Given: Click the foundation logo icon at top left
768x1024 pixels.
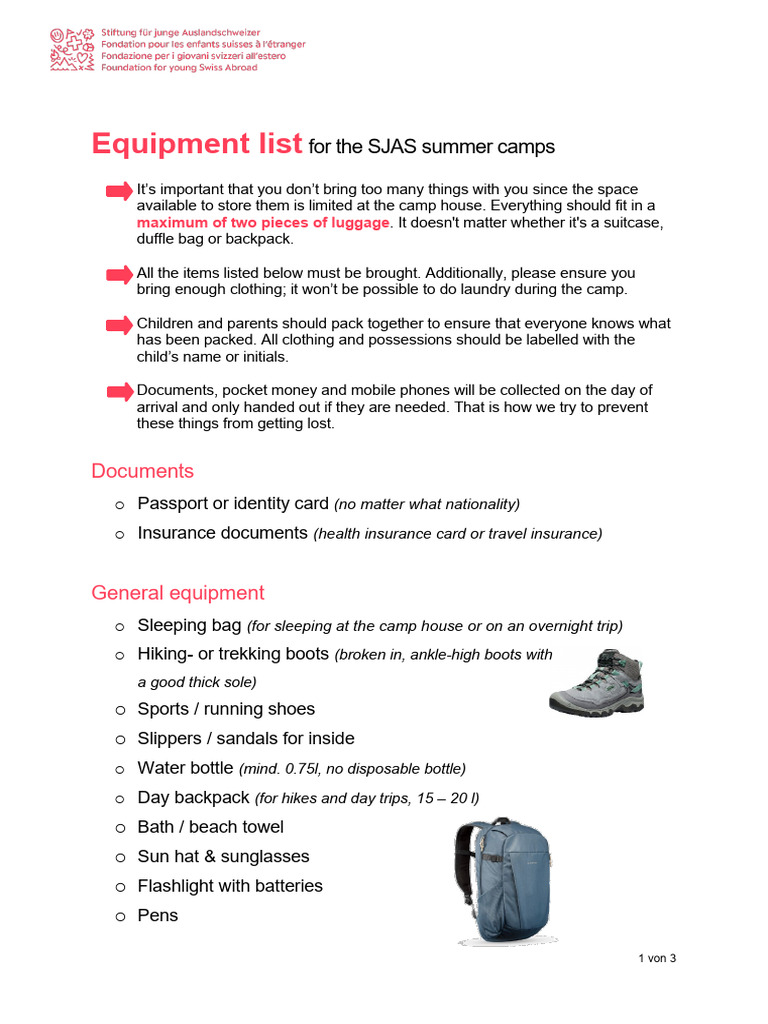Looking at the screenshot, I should [x=74, y=49].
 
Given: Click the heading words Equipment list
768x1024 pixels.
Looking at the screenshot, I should [x=196, y=144].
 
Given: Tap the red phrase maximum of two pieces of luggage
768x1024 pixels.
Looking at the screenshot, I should [x=265, y=222].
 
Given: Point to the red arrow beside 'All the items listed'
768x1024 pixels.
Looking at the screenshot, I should [x=119, y=274].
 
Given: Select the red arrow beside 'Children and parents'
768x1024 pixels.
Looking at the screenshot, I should [x=119, y=324].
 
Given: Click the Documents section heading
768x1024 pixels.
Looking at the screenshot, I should [x=142, y=471].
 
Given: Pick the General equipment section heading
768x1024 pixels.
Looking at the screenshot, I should [x=178, y=593].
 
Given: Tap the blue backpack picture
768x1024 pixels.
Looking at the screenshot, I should [x=502, y=882].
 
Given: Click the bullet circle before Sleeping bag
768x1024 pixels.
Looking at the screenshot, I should [x=119, y=626].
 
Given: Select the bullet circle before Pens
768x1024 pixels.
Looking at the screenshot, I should [x=119, y=916].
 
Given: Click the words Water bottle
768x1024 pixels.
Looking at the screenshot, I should [x=185, y=768].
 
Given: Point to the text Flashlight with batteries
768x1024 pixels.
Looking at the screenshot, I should [x=230, y=886].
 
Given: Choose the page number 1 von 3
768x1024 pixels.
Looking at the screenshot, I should [x=657, y=958].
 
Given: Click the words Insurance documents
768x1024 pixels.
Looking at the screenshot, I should [x=222, y=533].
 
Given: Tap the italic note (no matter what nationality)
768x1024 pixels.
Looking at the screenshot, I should [x=427, y=504].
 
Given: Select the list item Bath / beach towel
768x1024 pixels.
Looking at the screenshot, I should [x=210, y=827].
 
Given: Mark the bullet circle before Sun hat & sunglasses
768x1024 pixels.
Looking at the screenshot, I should [x=119, y=857].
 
